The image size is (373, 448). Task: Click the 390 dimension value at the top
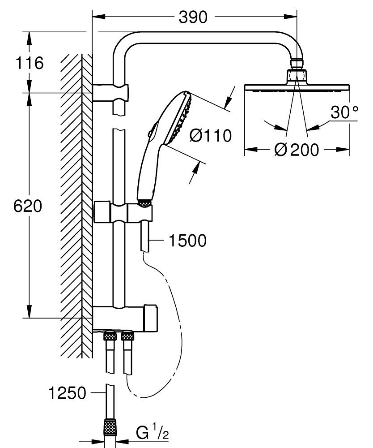[193, 17]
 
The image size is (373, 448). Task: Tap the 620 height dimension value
[28, 206]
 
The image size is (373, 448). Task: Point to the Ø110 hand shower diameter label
[211, 135]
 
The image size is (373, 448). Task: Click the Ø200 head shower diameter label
[297, 150]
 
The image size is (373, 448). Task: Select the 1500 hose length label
[187, 241]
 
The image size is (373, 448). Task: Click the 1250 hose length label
[68, 393]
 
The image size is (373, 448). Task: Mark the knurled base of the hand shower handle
[144, 204]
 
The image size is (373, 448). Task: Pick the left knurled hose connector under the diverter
[109, 336]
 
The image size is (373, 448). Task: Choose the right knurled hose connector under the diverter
[128, 336]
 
